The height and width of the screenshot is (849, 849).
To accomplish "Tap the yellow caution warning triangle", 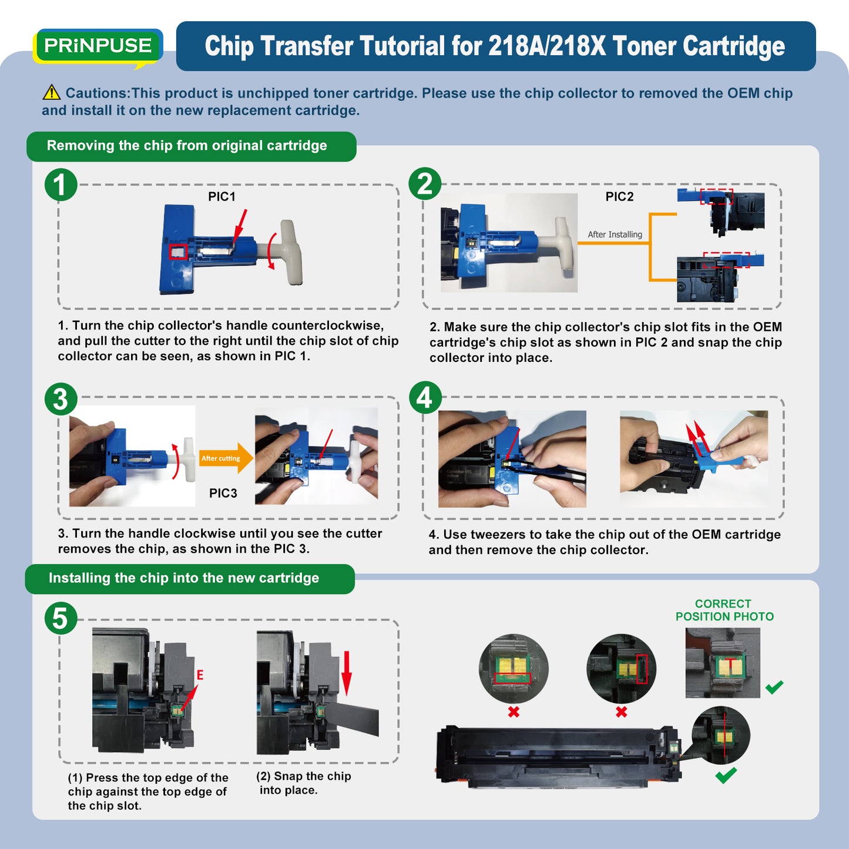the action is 52,92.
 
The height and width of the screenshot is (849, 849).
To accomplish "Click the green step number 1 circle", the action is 61,184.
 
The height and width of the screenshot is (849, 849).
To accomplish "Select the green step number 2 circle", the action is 425,184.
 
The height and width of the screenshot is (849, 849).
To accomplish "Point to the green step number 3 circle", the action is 61,399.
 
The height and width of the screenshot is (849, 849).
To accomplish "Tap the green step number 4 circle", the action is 425,397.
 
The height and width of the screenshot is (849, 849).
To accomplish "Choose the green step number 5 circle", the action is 61,618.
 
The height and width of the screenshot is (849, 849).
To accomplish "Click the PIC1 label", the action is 222,196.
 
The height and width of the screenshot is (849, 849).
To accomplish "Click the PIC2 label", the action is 619,196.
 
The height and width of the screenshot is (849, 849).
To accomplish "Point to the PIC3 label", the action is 223,493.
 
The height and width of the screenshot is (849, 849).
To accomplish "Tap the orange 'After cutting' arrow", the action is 226,458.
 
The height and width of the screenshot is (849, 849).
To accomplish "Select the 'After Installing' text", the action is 615,234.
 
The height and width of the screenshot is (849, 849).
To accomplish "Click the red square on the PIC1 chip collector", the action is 179,251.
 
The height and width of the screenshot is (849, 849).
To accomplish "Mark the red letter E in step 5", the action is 200,674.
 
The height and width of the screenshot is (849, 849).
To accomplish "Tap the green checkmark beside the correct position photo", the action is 774,686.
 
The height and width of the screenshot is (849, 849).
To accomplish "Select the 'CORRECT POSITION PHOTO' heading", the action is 724,610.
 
